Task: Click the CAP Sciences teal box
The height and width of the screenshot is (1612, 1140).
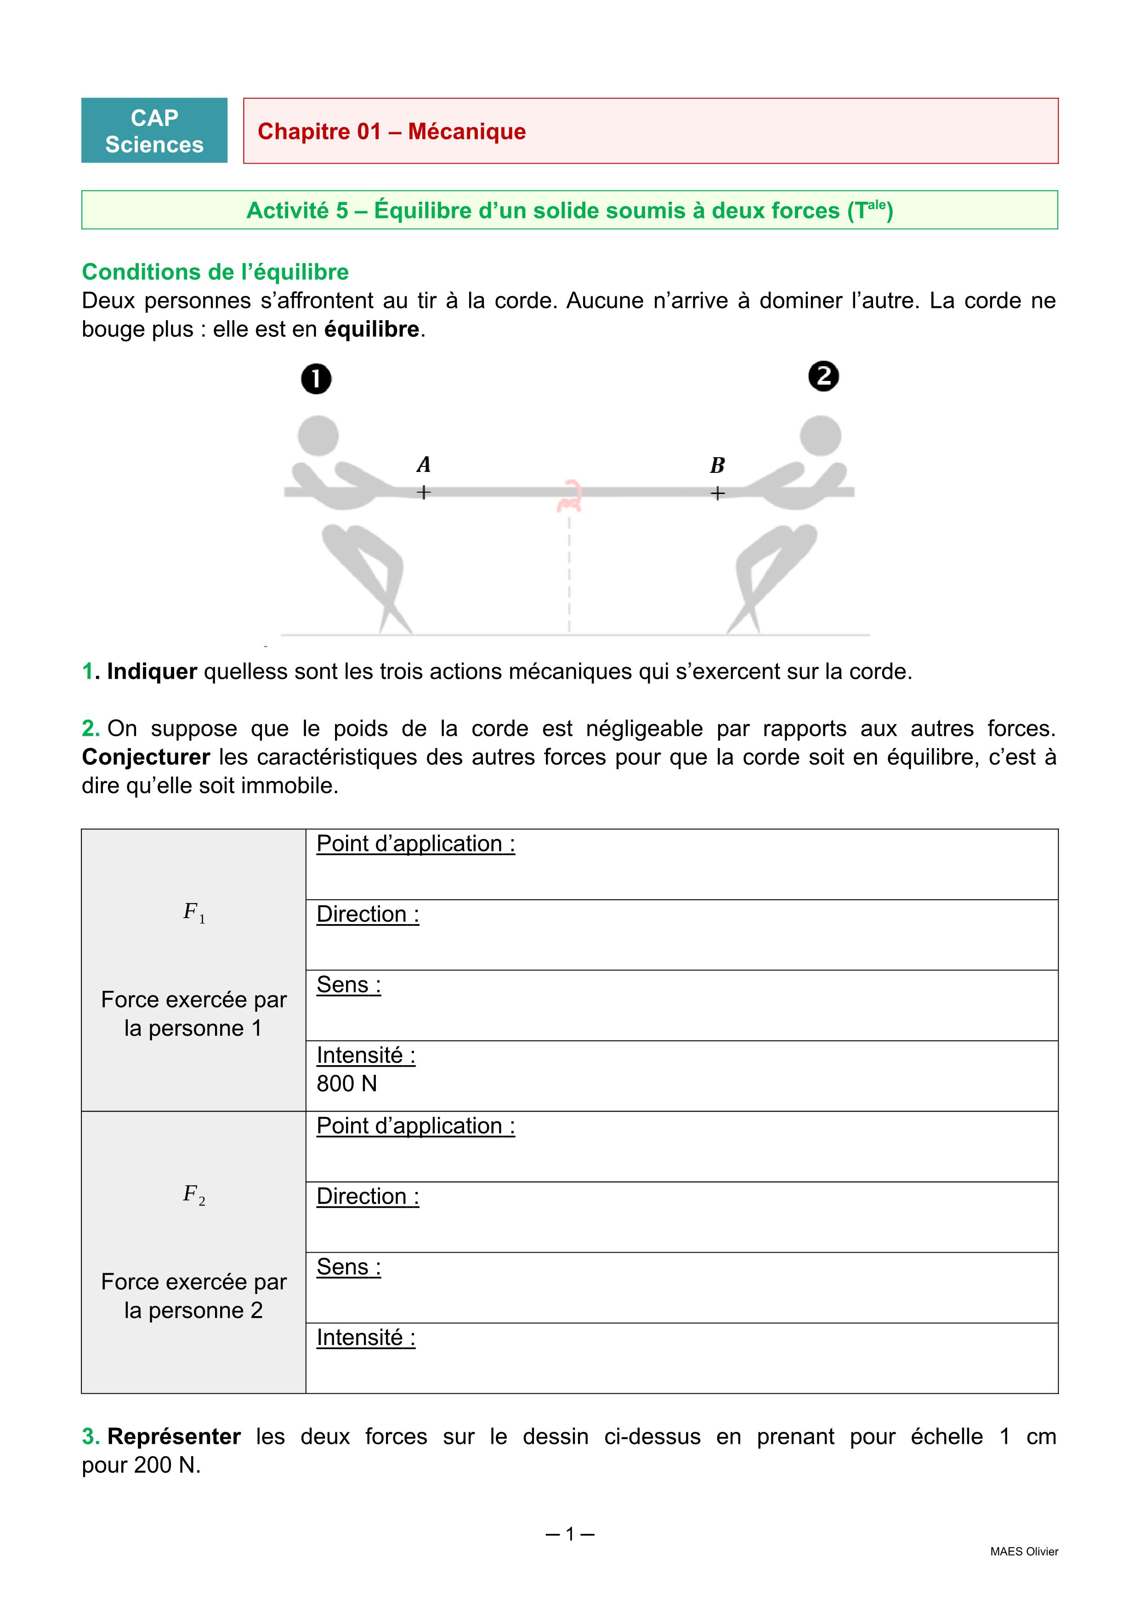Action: pos(154,131)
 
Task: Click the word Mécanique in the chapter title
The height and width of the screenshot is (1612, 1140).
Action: pos(467,131)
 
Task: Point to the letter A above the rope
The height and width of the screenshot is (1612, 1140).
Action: pos(423,465)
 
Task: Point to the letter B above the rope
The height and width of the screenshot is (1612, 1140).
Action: pos(717,465)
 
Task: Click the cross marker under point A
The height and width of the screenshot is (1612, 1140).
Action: pos(423,493)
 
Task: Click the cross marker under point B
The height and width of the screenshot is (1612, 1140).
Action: pos(717,494)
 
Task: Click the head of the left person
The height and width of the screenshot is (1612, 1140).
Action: pos(318,435)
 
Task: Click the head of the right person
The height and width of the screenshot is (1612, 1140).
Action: pos(821,435)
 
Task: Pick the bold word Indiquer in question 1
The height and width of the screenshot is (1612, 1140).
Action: pos(152,671)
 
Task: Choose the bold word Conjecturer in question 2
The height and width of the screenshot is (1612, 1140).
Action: pos(146,757)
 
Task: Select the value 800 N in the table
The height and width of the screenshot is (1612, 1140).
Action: pos(347,1084)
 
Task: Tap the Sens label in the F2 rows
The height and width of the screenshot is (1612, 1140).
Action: pos(348,1267)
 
